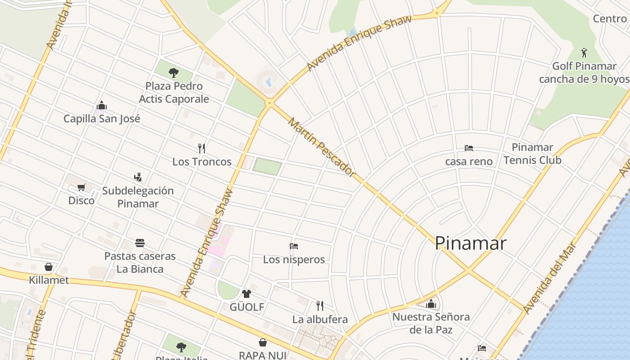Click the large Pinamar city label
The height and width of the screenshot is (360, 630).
pos(471,243)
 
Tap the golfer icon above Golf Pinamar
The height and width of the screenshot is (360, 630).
pos(584,52)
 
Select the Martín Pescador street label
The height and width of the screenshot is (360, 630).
pos(322,147)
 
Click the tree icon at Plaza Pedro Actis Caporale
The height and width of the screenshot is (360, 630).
pos(174,72)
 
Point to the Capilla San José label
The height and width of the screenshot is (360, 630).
pos(102,119)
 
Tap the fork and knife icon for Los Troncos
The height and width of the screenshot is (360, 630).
pos(202,148)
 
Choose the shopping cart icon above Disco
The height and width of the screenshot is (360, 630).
pos(81,187)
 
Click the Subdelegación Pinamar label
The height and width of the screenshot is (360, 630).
pos(138,197)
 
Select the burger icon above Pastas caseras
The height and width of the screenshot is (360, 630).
pos(140,243)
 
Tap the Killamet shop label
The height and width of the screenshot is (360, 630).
pos(49,280)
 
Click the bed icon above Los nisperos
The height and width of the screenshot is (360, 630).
pos(294,246)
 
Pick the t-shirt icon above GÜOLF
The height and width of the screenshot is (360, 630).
pos(246,294)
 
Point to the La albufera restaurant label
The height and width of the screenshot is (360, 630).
pos(320,319)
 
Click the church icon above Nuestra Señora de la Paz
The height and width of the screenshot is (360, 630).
pos(431,304)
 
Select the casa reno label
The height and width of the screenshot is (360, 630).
pos(468,161)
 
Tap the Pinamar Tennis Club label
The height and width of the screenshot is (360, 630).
pos(532,153)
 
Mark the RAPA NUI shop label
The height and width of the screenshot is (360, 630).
pos(262,355)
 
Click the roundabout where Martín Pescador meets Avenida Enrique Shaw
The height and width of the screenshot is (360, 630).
pos(270,103)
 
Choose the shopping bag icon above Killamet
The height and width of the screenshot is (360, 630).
pos(49,267)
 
